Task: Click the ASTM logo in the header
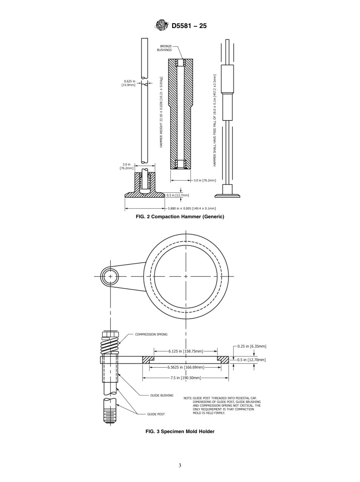pyautogui.click(x=161, y=25)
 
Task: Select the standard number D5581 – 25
pyautogui.click(x=189, y=26)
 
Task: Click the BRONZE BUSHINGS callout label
pyautogui.click(x=164, y=48)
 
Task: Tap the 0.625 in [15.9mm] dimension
pyautogui.click(x=128, y=83)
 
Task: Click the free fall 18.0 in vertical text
pyautogui.click(x=214, y=120)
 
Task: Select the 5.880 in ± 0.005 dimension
pyautogui.click(x=192, y=208)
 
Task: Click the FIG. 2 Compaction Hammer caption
pyautogui.click(x=180, y=217)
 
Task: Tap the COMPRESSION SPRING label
pyautogui.click(x=151, y=335)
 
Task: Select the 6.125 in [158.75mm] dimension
pyautogui.click(x=186, y=351)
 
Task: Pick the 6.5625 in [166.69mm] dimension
pyautogui.click(x=186, y=367)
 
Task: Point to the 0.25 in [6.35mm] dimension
pyautogui.click(x=252, y=346)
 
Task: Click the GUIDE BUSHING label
pyautogui.click(x=162, y=395)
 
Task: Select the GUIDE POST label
pyautogui.click(x=156, y=414)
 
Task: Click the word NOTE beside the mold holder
pyautogui.click(x=188, y=398)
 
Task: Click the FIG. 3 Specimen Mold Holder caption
pyautogui.click(x=180, y=431)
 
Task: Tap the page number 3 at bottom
pyautogui.click(x=180, y=466)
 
